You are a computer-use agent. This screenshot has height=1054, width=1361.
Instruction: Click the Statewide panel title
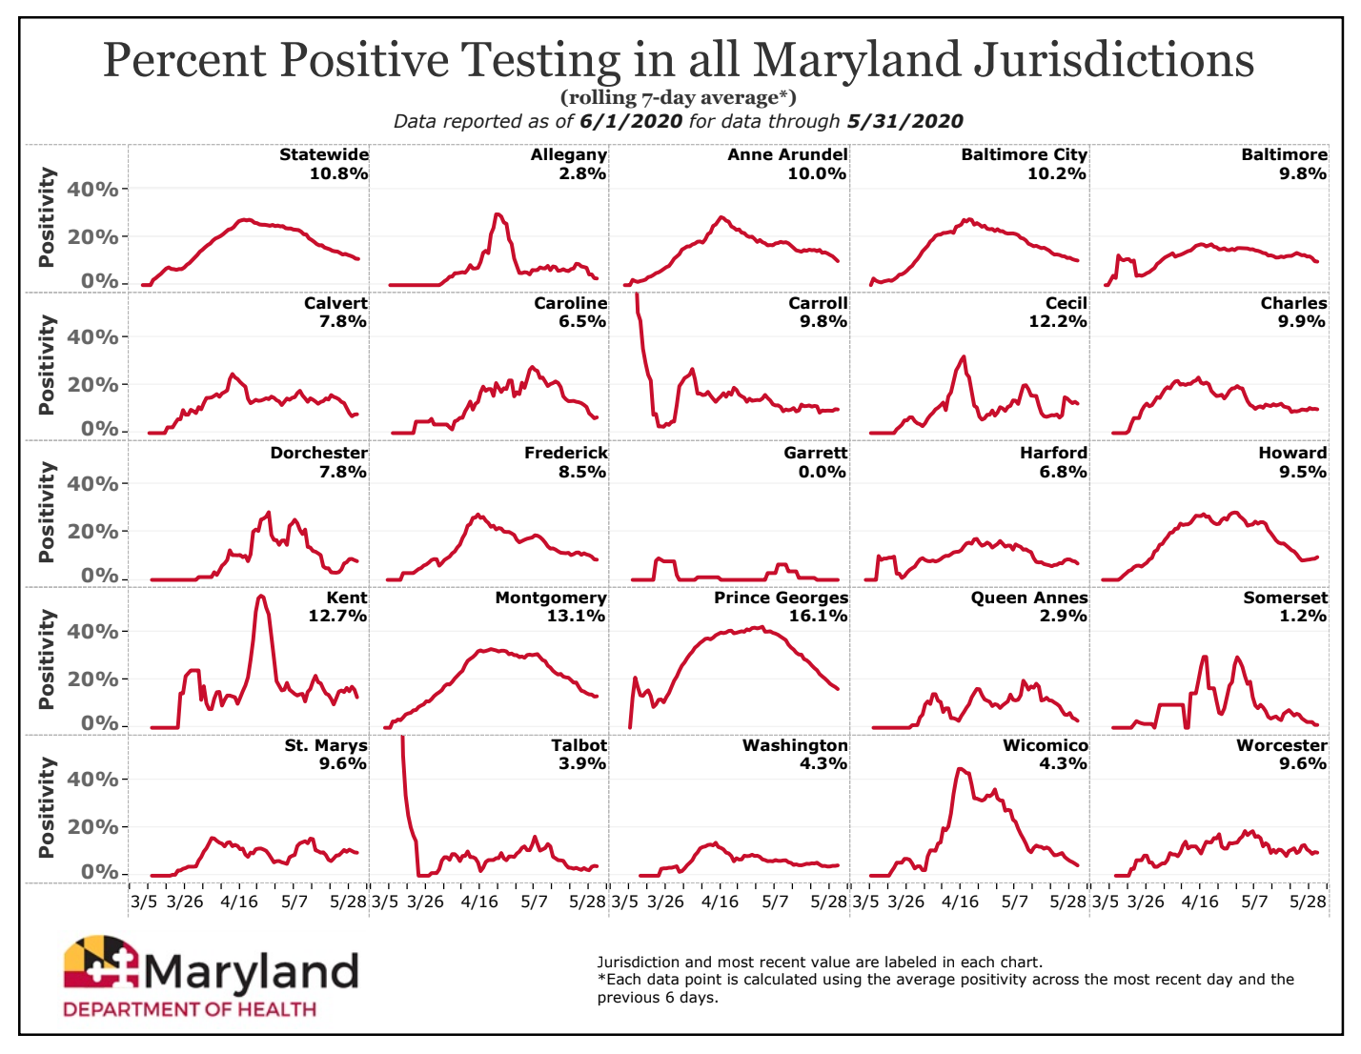coord(324,154)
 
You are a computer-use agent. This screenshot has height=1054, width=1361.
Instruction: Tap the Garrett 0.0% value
coord(823,472)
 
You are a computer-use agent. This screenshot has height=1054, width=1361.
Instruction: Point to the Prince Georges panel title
coord(781,598)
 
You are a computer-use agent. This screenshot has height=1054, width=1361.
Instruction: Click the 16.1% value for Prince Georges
coord(820,616)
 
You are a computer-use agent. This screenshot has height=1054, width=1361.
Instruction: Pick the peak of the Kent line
coord(261,596)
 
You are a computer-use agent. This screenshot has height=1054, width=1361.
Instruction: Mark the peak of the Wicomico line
coord(959,769)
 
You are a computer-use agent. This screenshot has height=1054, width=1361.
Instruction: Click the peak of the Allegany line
coord(498,214)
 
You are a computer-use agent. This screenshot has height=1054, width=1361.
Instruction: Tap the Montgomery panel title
coord(551,598)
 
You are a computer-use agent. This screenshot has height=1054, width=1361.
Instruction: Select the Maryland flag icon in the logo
coord(101,963)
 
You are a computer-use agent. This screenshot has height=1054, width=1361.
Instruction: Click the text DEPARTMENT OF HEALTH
coord(190,1009)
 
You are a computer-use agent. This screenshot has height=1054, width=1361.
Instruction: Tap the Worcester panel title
coord(1281,745)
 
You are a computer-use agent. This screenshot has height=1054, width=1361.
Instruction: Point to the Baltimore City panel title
coord(1024,154)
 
